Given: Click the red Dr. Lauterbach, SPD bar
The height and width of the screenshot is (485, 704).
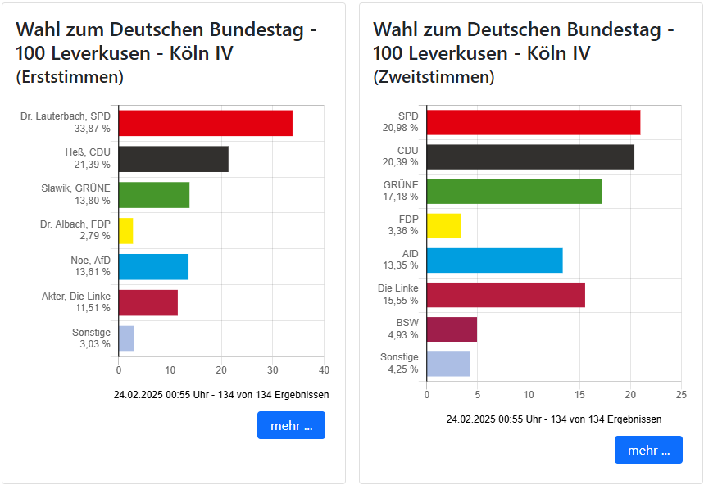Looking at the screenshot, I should pyautogui.click(x=205, y=123).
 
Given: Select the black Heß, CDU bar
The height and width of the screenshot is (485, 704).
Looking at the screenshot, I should pyautogui.click(x=173, y=159).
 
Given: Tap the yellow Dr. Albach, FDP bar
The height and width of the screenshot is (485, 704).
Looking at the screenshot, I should pyautogui.click(x=125, y=231).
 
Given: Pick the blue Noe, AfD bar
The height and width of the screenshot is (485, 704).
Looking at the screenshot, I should pyautogui.click(x=153, y=267).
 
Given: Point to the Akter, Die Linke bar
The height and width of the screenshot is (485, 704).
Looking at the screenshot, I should pyautogui.click(x=148, y=303).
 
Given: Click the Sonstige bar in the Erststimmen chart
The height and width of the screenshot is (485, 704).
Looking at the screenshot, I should pyautogui.click(x=126, y=338).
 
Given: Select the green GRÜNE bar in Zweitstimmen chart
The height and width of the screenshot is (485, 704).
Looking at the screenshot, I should pyautogui.click(x=514, y=191).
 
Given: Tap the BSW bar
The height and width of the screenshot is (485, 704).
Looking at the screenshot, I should pyautogui.click(x=452, y=329).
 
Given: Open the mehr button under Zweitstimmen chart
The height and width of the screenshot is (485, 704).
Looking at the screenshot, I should pyautogui.click(x=648, y=450).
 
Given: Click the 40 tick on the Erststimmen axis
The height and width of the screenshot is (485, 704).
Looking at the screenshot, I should pyautogui.click(x=325, y=369).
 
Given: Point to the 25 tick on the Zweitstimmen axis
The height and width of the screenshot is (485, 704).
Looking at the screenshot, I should pyautogui.click(x=681, y=395).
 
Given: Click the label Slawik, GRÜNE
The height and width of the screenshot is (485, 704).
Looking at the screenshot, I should pyautogui.click(x=75, y=188).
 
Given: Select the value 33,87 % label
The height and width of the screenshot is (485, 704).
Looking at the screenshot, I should pyautogui.click(x=93, y=129).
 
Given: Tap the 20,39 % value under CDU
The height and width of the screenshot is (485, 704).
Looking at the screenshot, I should pyautogui.click(x=402, y=162).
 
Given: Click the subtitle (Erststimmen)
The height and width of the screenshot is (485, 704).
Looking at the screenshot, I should pyautogui.click(x=70, y=78).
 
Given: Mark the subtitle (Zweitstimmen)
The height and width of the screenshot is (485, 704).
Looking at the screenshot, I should pyautogui.click(x=434, y=78).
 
